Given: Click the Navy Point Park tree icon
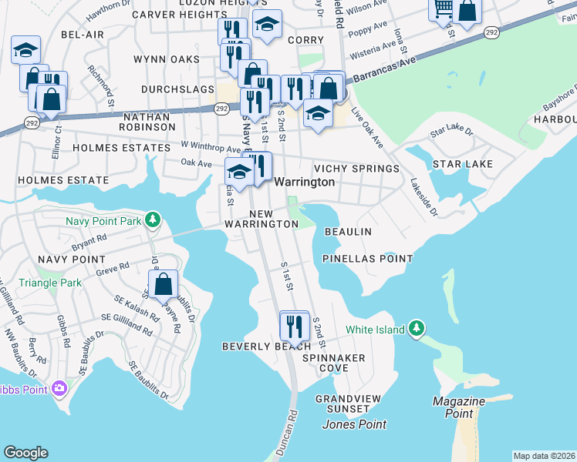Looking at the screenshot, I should (x=154, y=221).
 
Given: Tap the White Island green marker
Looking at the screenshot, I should (x=417, y=329).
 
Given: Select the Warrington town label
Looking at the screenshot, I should (x=305, y=182).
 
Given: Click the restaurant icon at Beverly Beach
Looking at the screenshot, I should (x=294, y=326).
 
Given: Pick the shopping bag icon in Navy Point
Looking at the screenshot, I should (x=164, y=284).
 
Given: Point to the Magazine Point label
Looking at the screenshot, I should (x=458, y=407).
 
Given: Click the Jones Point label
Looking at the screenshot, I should (x=354, y=424).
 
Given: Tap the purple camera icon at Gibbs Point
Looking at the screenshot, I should (x=59, y=390).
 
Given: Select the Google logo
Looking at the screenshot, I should (x=25, y=453).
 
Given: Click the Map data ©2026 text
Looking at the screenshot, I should (x=543, y=456).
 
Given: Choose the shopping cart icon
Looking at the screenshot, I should (x=444, y=9).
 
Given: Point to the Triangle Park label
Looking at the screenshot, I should (x=50, y=283).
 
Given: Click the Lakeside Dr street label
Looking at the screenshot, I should (x=423, y=197).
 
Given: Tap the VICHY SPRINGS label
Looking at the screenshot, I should (x=356, y=169).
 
